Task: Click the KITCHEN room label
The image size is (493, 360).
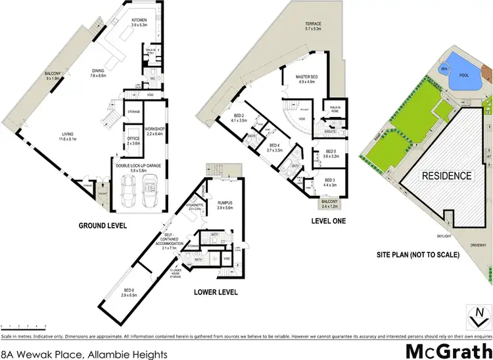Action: [138, 20]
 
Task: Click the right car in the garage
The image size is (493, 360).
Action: [153, 191]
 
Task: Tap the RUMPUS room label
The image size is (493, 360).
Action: [225, 203]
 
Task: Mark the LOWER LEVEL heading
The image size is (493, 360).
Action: [216, 292]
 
